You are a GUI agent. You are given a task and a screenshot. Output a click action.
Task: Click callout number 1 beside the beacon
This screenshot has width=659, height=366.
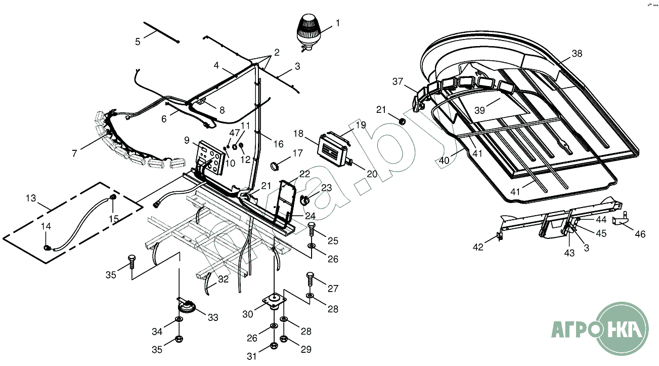337,23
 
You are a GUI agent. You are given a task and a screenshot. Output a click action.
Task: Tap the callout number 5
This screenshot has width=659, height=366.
138,42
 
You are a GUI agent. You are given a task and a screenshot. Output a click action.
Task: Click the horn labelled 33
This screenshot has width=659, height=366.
186,306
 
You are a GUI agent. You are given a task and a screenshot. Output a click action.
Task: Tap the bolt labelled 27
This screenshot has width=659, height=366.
310,277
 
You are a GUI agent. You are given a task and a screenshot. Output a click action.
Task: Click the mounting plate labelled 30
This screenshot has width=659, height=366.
274,302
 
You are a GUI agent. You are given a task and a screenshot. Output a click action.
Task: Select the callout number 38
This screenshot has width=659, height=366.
577,54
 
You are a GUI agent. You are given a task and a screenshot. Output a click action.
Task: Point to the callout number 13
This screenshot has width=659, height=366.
31,198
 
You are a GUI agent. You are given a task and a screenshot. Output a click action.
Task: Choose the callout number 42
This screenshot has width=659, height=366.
478,247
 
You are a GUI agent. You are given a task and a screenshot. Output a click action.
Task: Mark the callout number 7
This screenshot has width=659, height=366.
74,153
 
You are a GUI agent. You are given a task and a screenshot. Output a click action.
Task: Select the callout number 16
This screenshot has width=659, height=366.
278,144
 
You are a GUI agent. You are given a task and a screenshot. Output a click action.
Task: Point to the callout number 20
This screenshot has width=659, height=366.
372,174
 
